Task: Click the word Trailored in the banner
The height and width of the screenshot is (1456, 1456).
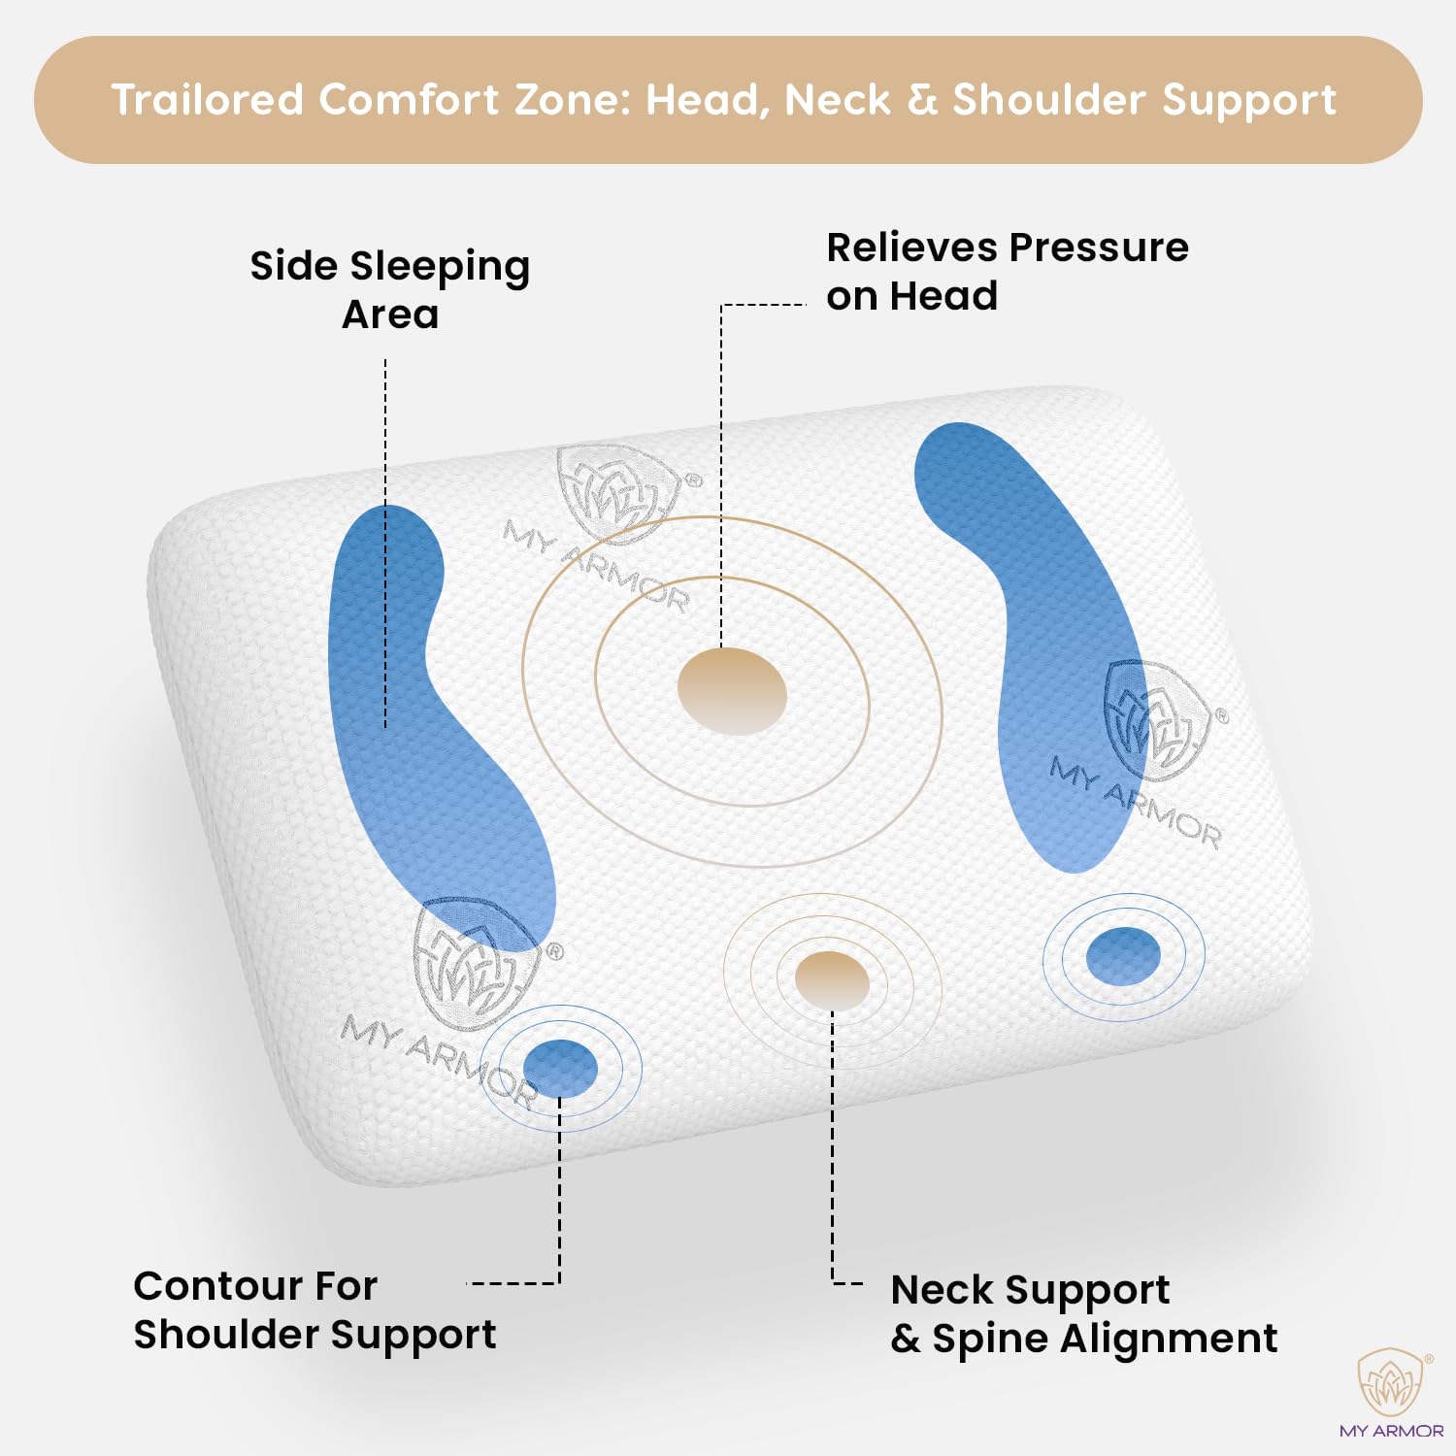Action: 208,99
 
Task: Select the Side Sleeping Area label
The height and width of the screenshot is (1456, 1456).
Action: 390,289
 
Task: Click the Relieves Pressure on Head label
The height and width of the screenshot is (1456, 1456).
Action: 1008,272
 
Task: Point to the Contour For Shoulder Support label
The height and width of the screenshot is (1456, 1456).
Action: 314,1310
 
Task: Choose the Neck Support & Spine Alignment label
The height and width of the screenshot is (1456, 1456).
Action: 1084,1314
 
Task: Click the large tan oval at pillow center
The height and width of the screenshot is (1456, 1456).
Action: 732,691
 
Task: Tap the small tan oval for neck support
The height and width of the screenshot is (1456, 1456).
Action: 832,980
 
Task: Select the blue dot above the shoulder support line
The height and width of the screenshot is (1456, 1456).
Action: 560,1068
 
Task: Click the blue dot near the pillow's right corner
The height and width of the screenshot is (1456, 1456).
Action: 1123,955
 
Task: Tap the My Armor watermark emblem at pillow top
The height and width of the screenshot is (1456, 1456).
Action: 617,493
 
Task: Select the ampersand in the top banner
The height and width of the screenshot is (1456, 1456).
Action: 922,100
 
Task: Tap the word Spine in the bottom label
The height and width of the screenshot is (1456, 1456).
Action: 990,1340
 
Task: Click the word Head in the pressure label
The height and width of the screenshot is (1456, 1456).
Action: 943,296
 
